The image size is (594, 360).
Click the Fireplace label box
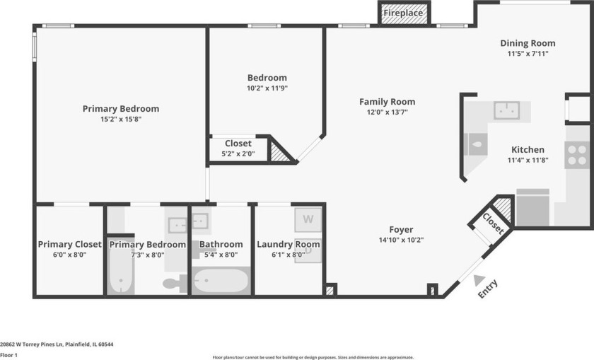(x=403, y=13)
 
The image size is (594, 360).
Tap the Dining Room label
(x=528, y=43)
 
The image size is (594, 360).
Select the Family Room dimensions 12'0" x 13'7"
(x=387, y=112)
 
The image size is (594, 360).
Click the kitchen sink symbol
(x=506, y=110)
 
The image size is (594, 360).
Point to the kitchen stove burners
(x=578, y=154)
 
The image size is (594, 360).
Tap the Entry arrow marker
(x=479, y=280)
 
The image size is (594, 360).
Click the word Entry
(x=488, y=289)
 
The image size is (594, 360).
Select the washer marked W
(x=308, y=219)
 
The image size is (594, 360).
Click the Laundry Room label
(x=288, y=245)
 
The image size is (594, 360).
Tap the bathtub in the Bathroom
(x=221, y=281)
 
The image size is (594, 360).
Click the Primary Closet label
(x=69, y=245)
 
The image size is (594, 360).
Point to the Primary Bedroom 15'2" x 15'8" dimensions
(x=121, y=120)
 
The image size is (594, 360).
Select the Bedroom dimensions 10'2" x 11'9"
(x=267, y=88)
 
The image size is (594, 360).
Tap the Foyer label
(x=401, y=229)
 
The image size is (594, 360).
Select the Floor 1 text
(x=9, y=354)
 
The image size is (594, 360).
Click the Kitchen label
(x=528, y=150)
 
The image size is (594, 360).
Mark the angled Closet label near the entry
(x=493, y=223)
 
